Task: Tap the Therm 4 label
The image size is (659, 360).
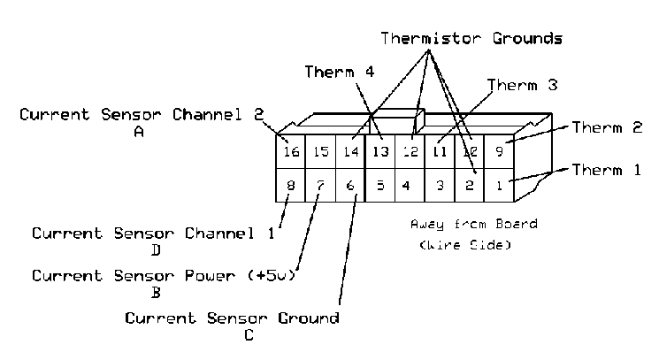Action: pos(340,72)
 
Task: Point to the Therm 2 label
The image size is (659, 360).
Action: pos(606,127)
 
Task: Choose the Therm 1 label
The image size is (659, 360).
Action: pos(606,170)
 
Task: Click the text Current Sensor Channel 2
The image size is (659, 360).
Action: pos(142,115)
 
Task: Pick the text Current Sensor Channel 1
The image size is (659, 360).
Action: pos(153,234)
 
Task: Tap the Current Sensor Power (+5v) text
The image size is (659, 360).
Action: pos(163,275)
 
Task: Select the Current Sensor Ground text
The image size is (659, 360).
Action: pos(232,318)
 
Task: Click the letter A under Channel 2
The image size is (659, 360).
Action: pos(139,131)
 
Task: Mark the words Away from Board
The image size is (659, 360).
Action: pos(473,225)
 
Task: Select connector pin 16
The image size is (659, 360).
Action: pos(291,152)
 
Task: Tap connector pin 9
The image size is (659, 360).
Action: pos(499,152)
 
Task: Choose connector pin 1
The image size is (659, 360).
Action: pos(498,186)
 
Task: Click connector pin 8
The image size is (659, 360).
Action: pos(290,186)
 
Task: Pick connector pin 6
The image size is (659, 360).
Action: pos(349,186)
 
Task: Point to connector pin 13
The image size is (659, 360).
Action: pos(380,152)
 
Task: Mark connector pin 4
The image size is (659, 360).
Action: pos(405,186)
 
